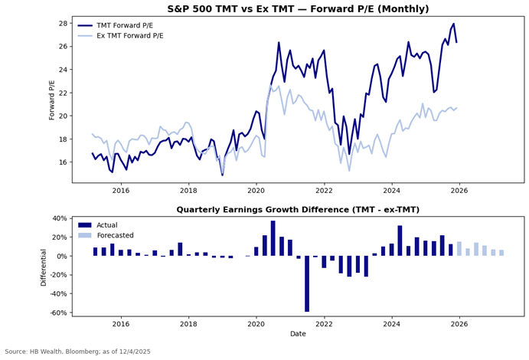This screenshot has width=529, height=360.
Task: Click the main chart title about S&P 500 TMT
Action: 298,9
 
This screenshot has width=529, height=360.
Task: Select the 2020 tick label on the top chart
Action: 256,191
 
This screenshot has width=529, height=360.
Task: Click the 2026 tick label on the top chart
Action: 459,191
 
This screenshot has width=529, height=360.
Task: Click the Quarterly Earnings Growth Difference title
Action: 298,210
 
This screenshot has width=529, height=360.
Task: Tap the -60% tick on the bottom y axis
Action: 58,313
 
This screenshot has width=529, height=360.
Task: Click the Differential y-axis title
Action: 43,266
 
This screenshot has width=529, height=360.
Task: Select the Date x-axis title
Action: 298,334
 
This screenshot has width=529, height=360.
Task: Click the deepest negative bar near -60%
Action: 307,283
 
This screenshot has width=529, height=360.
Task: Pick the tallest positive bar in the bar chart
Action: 273,238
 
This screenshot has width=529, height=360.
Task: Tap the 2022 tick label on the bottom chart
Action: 324,324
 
